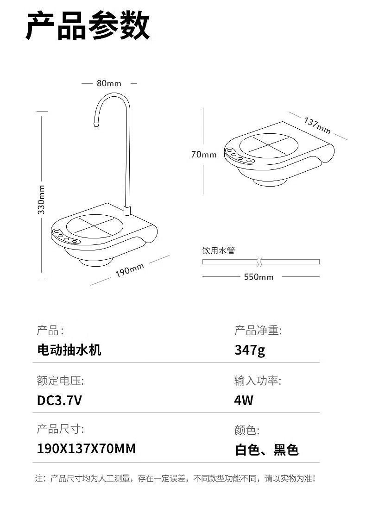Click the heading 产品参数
(x=88, y=26)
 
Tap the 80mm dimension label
(x=109, y=83)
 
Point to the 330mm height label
(x=42, y=199)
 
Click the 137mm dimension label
(x=317, y=125)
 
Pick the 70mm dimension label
(x=204, y=155)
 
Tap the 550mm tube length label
(x=259, y=277)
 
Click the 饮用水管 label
(x=219, y=250)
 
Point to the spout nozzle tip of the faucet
(x=96, y=124)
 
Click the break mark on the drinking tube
(x=261, y=262)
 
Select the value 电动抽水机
(x=69, y=350)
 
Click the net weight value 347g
(x=250, y=350)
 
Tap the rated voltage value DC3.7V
(x=59, y=400)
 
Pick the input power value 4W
(x=244, y=400)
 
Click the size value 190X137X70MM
(x=86, y=449)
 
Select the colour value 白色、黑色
(x=267, y=450)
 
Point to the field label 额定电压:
(x=60, y=381)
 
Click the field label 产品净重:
(x=258, y=331)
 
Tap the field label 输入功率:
(x=258, y=381)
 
